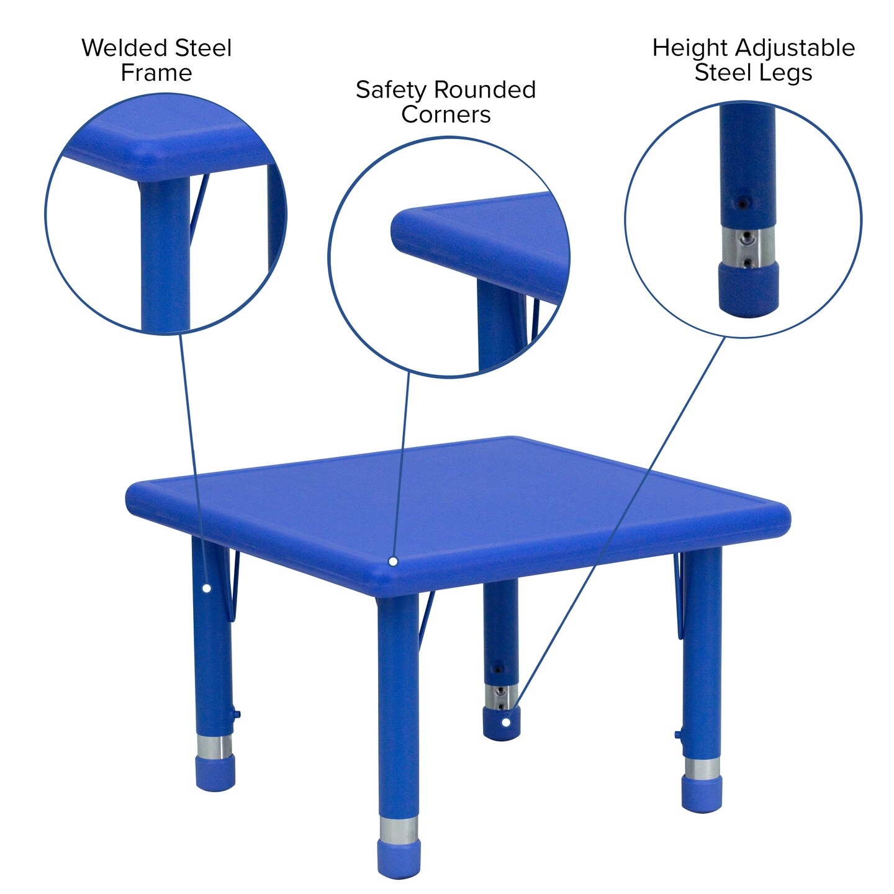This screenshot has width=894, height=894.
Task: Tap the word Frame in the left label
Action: click(156, 73)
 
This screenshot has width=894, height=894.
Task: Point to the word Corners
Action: click(446, 115)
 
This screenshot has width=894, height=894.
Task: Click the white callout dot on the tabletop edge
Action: click(393, 561)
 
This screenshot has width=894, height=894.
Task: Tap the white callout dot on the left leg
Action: click(207, 588)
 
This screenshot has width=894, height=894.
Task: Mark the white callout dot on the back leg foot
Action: click(507, 722)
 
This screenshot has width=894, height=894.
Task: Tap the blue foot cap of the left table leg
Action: click(215, 773)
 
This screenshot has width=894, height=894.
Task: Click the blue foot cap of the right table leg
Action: click(702, 796)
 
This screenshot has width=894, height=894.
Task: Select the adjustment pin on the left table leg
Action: click(237, 715)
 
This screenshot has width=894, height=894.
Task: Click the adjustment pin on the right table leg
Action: click(678, 735)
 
